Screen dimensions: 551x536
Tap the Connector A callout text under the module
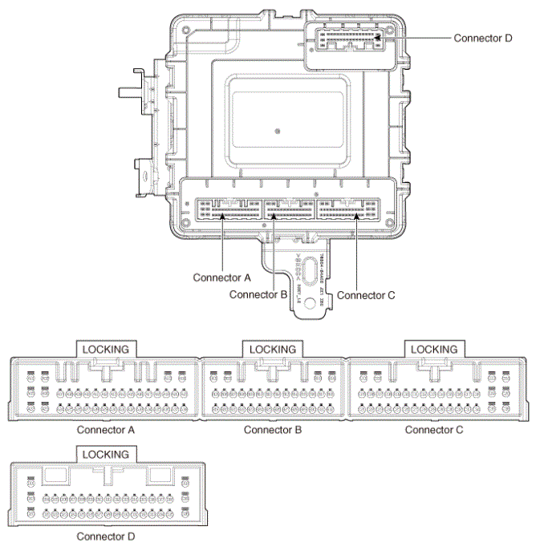point(222,278)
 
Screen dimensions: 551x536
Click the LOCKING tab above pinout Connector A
point(107,350)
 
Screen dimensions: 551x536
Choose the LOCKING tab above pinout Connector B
point(273,350)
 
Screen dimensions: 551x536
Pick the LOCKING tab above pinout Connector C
point(433,350)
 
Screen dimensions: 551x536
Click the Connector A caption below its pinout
point(106,430)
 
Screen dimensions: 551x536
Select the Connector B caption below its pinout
point(273,430)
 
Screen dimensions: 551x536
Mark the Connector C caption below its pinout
point(434,430)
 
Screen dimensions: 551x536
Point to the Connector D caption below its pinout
point(106,535)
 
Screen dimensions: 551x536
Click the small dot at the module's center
point(277,131)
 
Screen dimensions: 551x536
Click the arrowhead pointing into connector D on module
point(376,38)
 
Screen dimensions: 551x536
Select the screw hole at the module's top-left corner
point(187,30)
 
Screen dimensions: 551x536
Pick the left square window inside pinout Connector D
point(55,474)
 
